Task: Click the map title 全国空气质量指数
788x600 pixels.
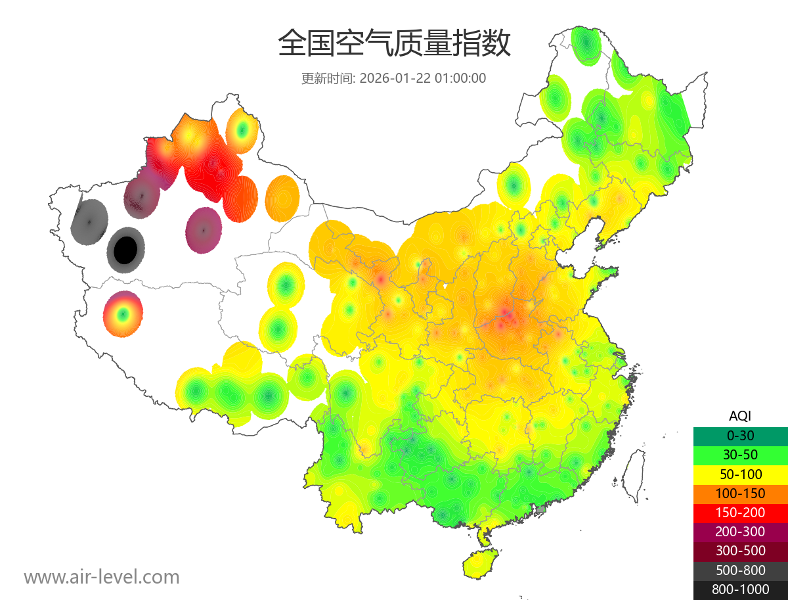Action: point(394,43)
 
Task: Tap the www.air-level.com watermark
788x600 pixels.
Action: point(102,577)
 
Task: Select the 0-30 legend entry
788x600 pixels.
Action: point(740,436)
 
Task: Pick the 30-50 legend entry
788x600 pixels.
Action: point(740,455)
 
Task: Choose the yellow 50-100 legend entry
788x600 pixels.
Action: point(740,474)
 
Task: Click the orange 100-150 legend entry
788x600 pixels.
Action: point(740,493)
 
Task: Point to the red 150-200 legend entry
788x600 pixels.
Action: point(740,513)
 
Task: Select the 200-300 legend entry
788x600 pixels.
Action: point(740,532)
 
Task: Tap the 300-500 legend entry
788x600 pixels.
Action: point(740,551)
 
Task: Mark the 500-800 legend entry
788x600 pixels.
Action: point(740,570)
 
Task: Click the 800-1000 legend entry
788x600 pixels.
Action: point(740,589)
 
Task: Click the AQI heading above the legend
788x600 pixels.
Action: point(740,416)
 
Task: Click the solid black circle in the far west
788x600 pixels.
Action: point(125,250)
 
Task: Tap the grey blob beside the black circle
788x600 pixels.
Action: point(89,221)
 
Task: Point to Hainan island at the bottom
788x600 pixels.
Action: point(480,563)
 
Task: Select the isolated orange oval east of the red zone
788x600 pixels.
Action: point(283,198)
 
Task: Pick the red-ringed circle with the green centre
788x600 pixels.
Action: point(123,314)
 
